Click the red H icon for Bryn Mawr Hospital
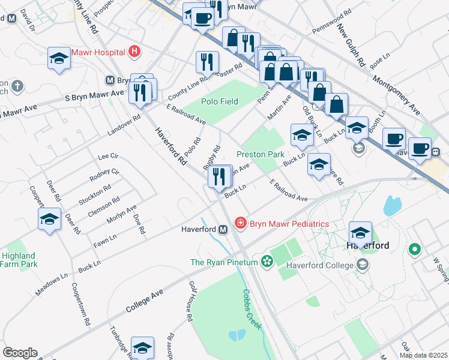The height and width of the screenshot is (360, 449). pos(134,52)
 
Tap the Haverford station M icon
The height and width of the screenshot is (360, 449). pos(223,229)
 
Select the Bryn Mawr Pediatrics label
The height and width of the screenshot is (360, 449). pos(289,224)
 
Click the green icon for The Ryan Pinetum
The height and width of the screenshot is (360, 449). pos(267,262)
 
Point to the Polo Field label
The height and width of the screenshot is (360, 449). pos(220,101)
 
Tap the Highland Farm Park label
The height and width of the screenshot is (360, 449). pos(19,260)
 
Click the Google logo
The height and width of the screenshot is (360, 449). pos(20,353)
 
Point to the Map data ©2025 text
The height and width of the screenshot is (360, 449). pos(423,355)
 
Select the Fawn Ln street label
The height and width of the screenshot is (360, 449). pos(104,242)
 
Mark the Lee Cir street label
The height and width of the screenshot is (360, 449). pos(108,156)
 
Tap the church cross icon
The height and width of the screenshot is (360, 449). pos(17,86)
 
